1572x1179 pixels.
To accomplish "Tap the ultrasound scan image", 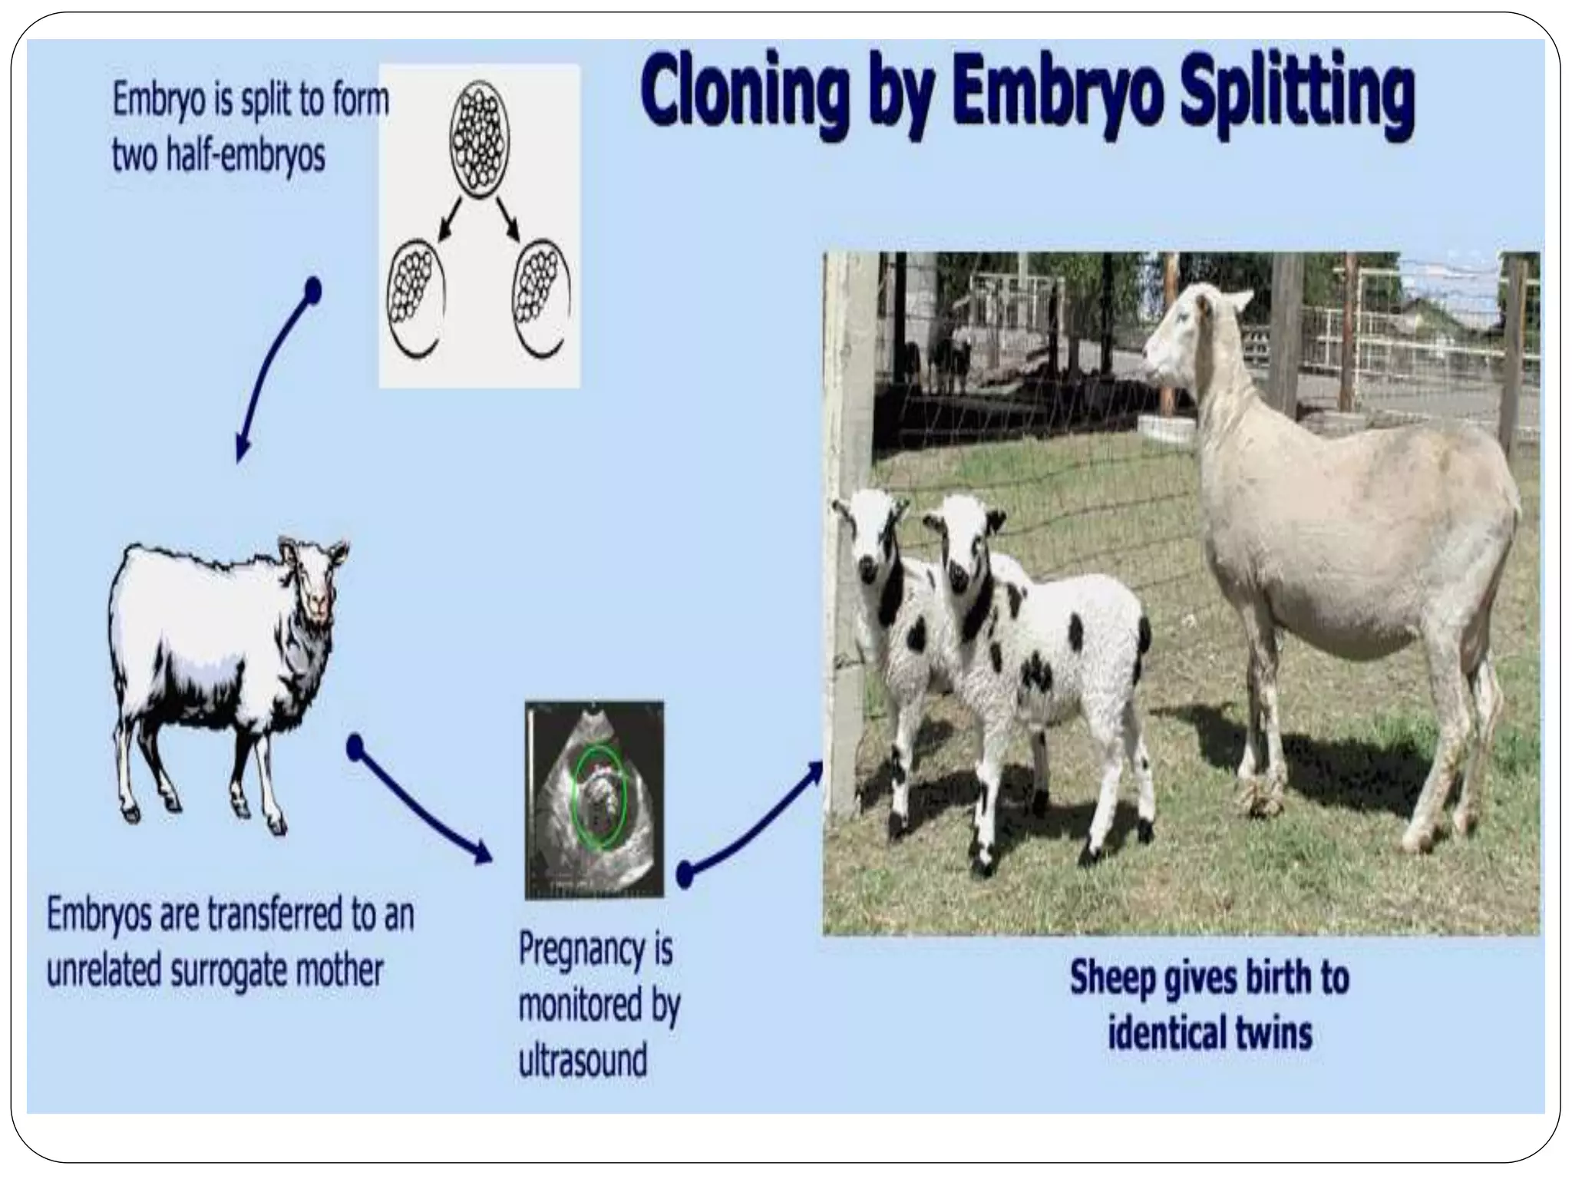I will tap(594, 799).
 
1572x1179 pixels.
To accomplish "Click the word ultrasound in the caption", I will tap(583, 1060).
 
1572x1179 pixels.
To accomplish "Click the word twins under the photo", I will tap(1273, 1033).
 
